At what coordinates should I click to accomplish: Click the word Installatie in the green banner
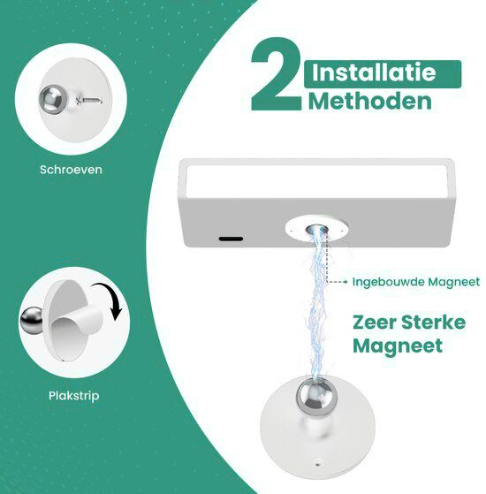click(382, 72)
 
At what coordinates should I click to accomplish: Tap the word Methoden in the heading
click(370, 101)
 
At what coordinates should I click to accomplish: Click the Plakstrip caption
click(74, 395)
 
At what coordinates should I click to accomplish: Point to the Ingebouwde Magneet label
click(415, 282)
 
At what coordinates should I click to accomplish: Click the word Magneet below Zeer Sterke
click(398, 346)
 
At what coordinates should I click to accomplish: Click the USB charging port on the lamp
click(231, 238)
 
